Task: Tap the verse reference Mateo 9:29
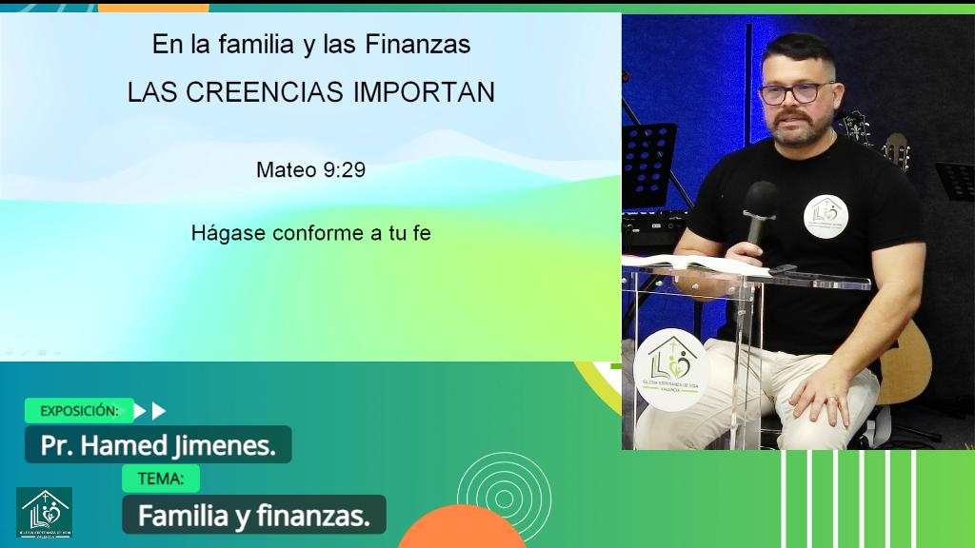tap(310, 170)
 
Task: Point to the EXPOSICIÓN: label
tap(79, 411)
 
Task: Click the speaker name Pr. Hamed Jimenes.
tap(158, 445)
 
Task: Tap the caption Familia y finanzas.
tap(253, 516)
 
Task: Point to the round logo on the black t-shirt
tap(825, 216)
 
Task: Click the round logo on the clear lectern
tap(670, 370)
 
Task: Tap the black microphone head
tap(761, 200)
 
